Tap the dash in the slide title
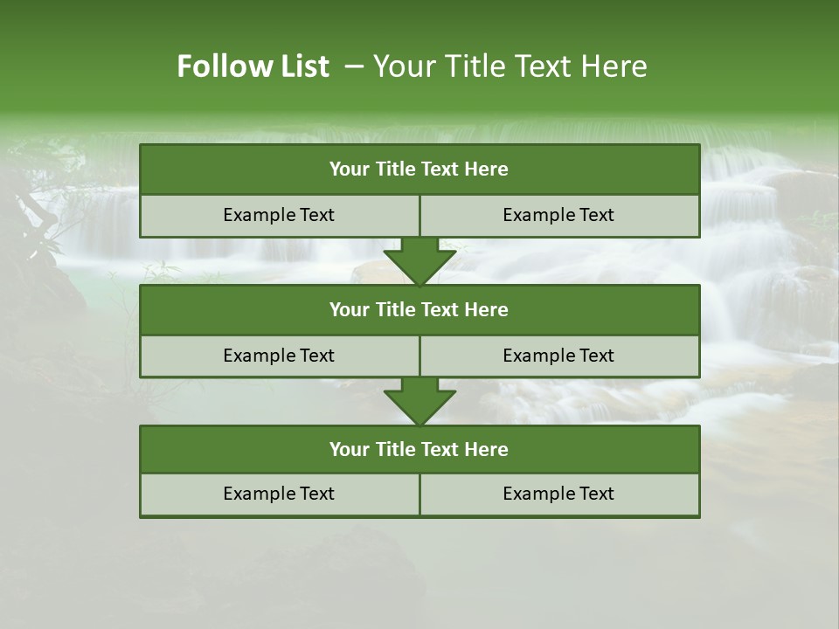[354, 66]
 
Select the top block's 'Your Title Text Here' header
[419, 169]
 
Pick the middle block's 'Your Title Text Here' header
[419, 309]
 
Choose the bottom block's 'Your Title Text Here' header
[419, 449]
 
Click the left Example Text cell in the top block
[279, 215]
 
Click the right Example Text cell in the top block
[558, 215]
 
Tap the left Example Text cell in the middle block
[279, 356]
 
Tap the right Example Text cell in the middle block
[558, 356]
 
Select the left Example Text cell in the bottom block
[279, 494]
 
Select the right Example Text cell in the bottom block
[558, 494]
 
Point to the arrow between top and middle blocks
[419, 261]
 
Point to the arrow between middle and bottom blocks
[419, 401]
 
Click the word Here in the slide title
[616, 66]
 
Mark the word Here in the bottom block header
[487, 449]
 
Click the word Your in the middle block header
[350, 309]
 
